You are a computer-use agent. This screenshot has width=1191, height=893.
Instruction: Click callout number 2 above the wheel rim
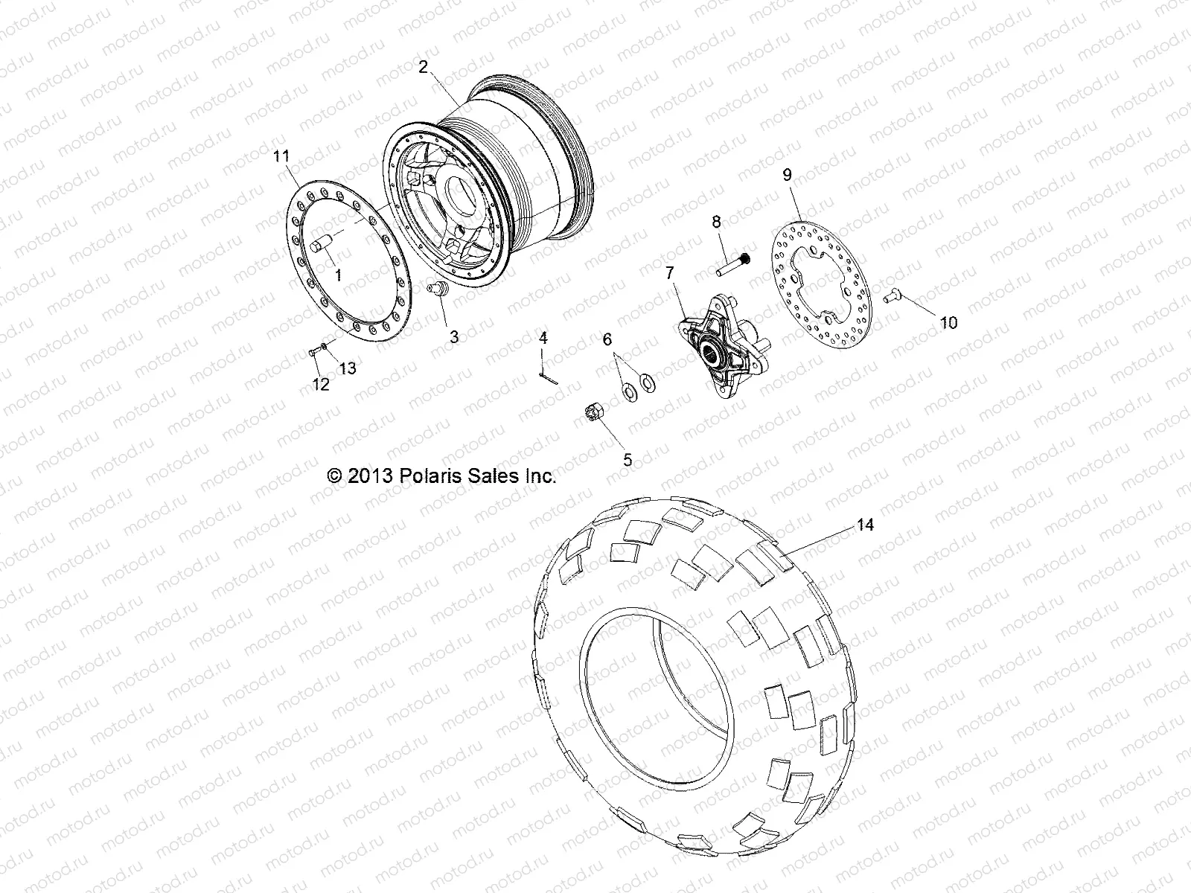(x=423, y=67)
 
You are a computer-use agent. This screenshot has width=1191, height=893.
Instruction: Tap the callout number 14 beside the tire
(x=864, y=525)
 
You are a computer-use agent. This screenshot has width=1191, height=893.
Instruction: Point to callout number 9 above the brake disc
(x=787, y=175)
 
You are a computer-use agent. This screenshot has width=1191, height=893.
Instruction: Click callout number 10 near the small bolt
(x=948, y=322)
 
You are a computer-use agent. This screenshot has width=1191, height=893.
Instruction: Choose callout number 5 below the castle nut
(x=628, y=459)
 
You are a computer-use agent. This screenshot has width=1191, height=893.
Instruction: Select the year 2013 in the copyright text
(x=368, y=476)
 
